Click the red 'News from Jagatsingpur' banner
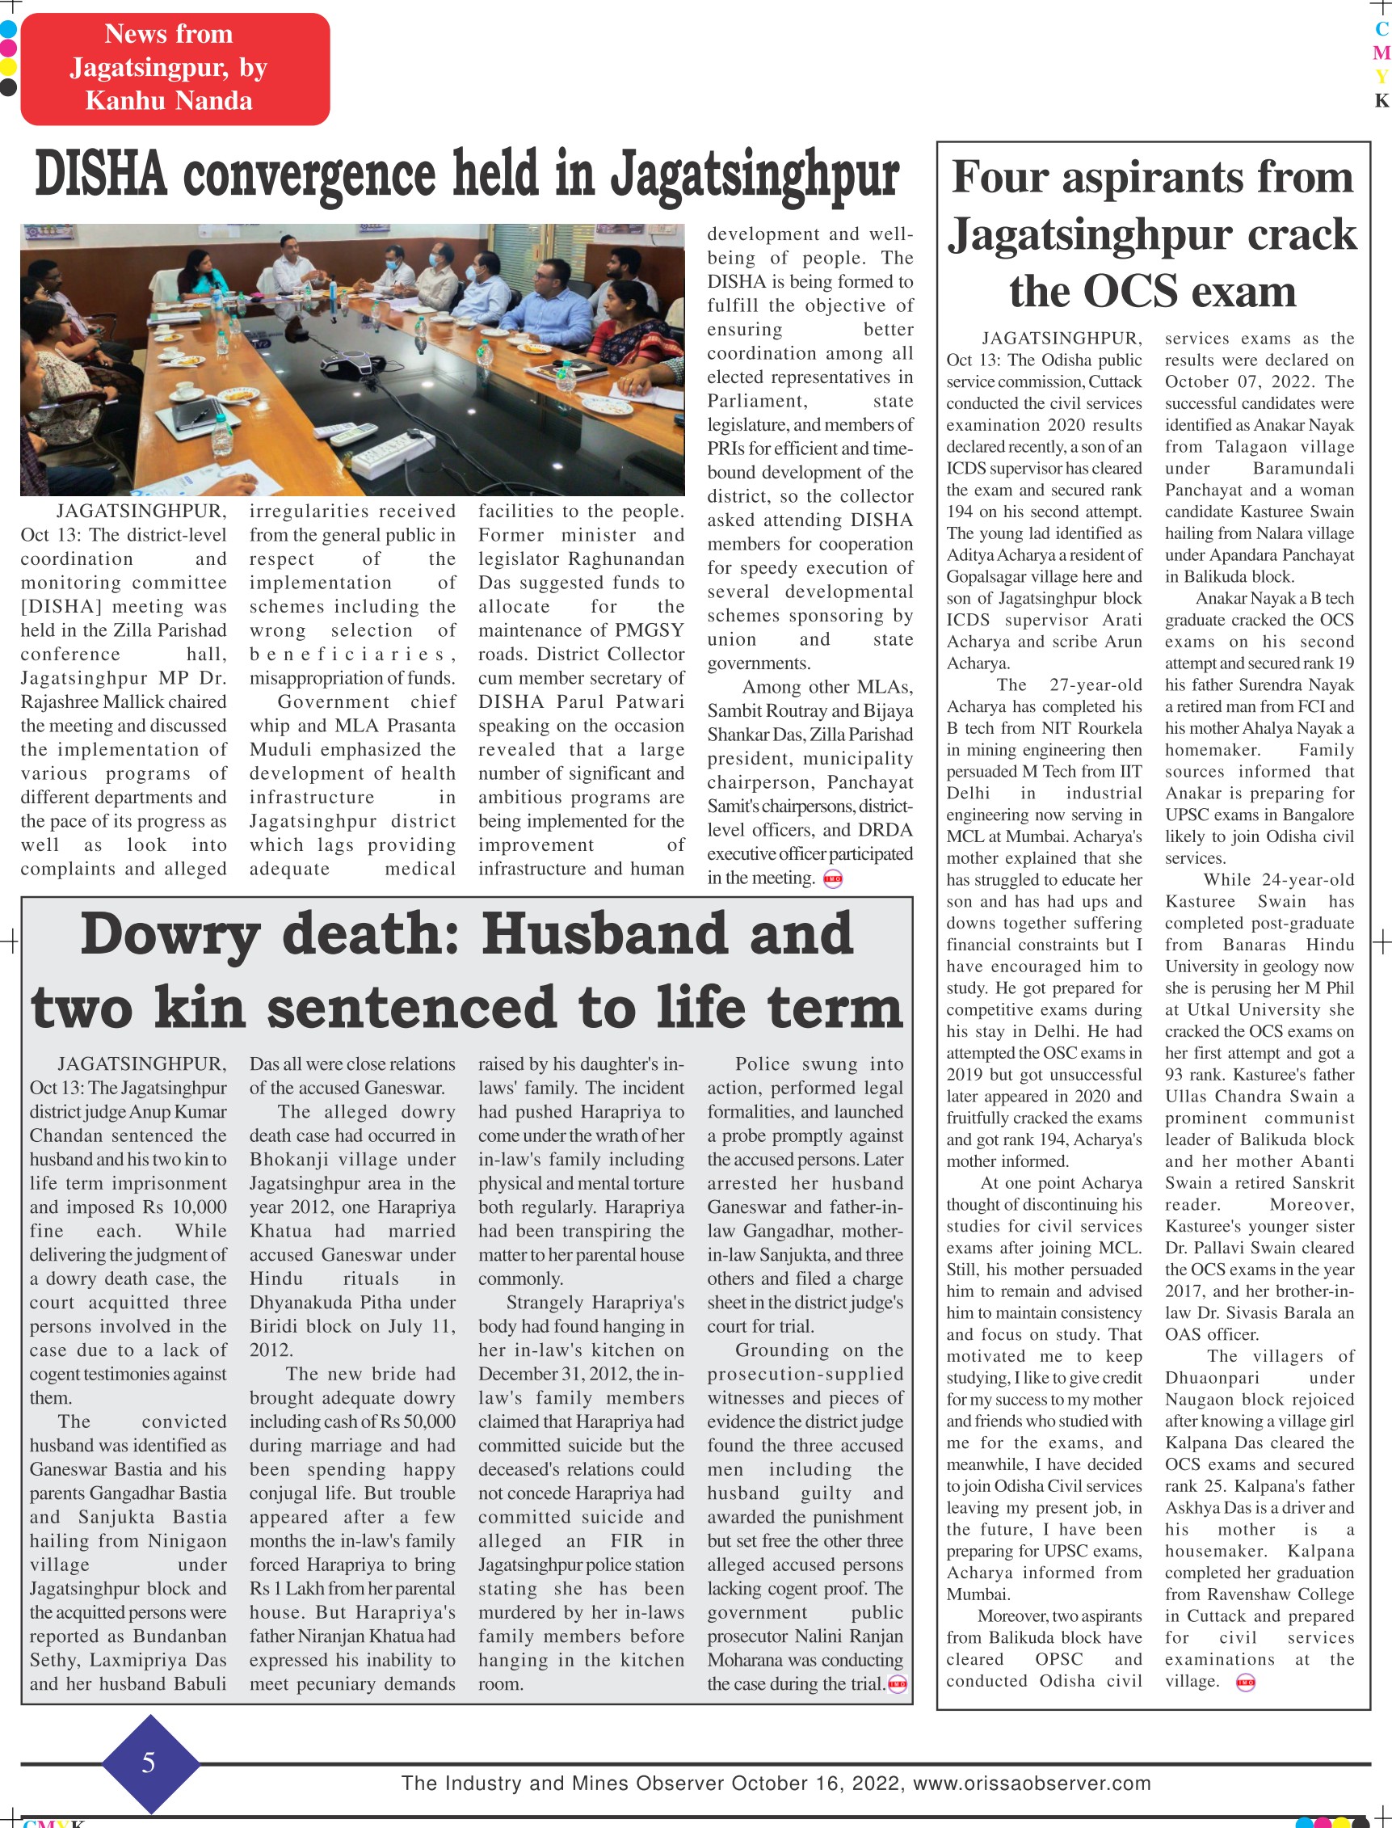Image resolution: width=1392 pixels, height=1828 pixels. pyautogui.click(x=175, y=68)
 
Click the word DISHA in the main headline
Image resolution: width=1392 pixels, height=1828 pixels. pyautogui.click(x=100, y=175)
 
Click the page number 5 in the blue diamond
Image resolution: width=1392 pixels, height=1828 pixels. pyautogui.click(x=149, y=1761)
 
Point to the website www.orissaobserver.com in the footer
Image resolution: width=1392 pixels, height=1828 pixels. pyautogui.click(x=1032, y=1784)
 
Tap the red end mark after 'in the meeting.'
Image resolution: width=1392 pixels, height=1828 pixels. pyautogui.click(x=833, y=879)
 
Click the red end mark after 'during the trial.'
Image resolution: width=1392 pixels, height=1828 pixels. pyautogui.click(x=897, y=1684)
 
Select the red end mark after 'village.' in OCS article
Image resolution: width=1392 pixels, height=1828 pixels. pyautogui.click(x=1245, y=1683)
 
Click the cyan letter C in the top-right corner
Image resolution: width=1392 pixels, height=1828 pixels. pyautogui.click(x=1381, y=29)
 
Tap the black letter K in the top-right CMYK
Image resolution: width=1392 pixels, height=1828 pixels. pyautogui.click(x=1381, y=100)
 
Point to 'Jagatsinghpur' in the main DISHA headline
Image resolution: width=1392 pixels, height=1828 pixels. pyautogui.click(x=754, y=175)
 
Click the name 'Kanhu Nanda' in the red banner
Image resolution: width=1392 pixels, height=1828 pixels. pyautogui.click(x=169, y=101)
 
